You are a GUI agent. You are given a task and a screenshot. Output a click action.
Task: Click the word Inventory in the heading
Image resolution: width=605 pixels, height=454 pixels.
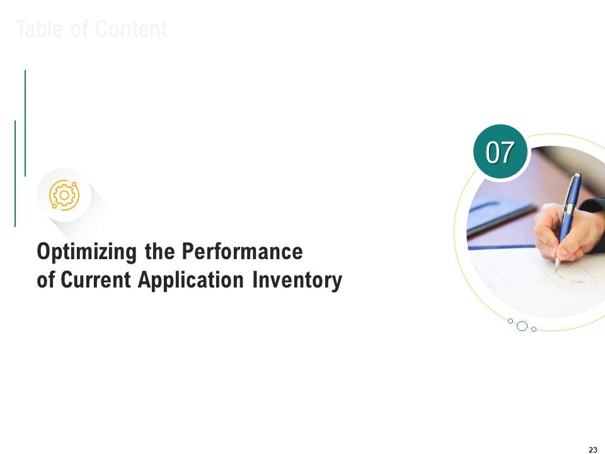(x=297, y=280)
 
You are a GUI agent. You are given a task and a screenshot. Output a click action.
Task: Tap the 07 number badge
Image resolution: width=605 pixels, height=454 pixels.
(x=500, y=153)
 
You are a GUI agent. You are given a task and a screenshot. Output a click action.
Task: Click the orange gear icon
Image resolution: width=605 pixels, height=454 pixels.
(x=64, y=195)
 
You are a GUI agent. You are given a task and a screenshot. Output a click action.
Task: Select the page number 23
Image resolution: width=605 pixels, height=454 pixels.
(x=592, y=450)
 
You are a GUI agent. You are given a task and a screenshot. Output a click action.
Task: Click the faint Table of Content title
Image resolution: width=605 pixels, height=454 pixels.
(x=91, y=30)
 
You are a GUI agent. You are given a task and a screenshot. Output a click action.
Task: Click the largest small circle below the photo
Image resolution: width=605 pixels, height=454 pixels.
(x=522, y=326)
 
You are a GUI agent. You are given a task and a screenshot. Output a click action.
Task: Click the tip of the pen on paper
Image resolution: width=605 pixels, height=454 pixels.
(x=556, y=271)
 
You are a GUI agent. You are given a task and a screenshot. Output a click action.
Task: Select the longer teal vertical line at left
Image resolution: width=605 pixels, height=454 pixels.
(x=25, y=123)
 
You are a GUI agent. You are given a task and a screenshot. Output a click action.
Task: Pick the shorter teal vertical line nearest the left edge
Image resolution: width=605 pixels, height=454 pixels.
(x=15, y=173)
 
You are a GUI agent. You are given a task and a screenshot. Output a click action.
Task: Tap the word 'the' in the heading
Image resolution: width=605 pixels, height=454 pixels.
(x=160, y=252)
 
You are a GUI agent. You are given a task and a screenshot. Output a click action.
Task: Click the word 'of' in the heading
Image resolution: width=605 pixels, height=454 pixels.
(x=45, y=280)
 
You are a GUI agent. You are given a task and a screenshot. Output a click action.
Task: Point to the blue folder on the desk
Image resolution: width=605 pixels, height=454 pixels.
(x=498, y=214)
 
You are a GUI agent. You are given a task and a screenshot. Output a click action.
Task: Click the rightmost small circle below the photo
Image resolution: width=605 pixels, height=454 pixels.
(x=534, y=329)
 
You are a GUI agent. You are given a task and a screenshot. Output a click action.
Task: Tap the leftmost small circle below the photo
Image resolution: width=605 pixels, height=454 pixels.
(x=510, y=321)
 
